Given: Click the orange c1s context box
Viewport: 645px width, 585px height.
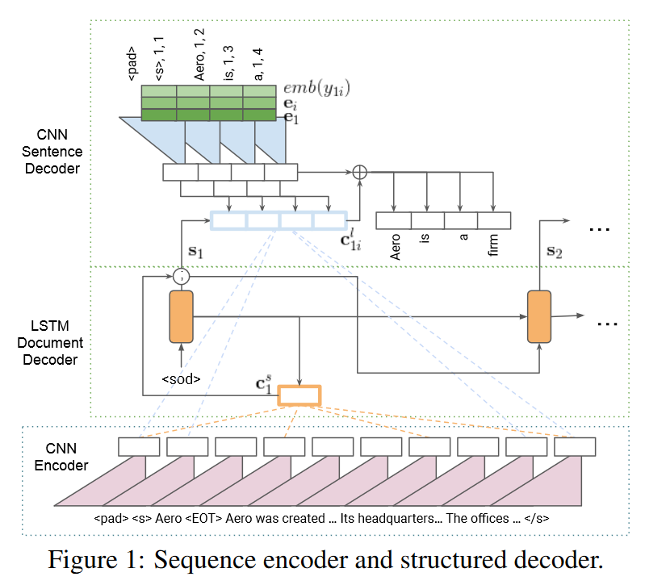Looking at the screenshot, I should (299, 395).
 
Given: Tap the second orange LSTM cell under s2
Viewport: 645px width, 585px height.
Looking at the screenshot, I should (539, 317).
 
